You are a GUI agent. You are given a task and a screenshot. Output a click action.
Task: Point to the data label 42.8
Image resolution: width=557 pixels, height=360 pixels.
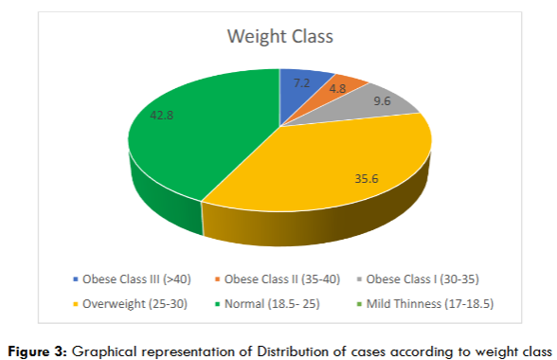click(x=163, y=117)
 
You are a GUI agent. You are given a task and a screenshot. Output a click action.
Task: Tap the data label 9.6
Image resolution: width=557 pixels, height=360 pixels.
click(x=382, y=101)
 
